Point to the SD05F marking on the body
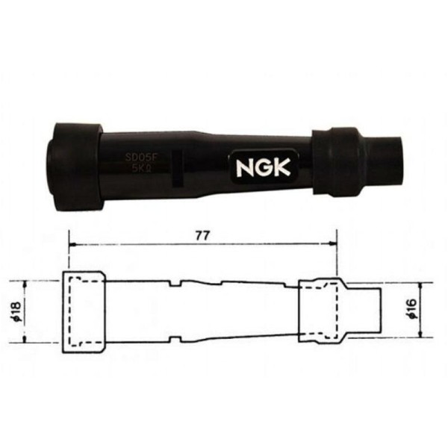tap(140, 158)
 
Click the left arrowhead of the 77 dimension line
tap(72, 244)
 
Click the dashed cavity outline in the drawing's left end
tap(81, 311)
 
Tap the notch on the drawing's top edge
tap(174, 284)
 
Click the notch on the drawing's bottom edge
tap(174, 338)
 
